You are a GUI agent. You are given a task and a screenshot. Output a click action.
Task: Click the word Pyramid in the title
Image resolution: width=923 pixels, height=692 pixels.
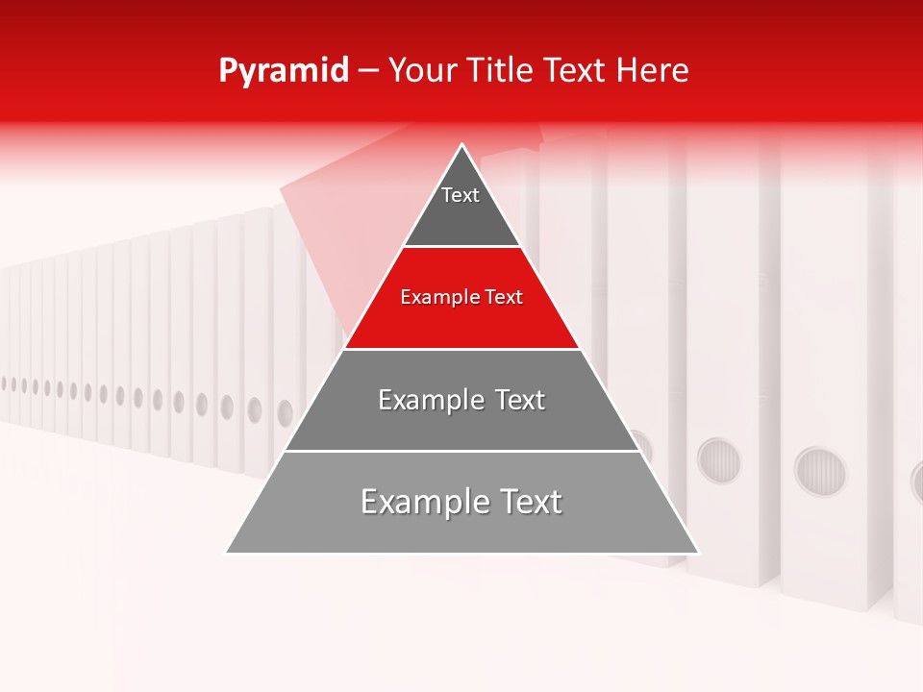283,71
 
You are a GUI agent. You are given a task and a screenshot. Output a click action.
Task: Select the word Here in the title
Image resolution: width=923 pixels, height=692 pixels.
653,71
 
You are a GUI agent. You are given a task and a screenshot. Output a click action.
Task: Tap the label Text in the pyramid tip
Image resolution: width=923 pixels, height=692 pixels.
460,195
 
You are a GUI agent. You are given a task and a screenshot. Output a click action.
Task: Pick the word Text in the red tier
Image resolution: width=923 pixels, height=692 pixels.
504,298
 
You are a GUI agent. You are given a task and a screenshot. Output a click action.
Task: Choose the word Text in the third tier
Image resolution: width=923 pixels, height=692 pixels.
520,400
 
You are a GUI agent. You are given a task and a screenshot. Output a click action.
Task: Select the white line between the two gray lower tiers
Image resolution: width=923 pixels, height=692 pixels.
461,451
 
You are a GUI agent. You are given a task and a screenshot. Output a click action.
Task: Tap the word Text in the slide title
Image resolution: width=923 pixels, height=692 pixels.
576,71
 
